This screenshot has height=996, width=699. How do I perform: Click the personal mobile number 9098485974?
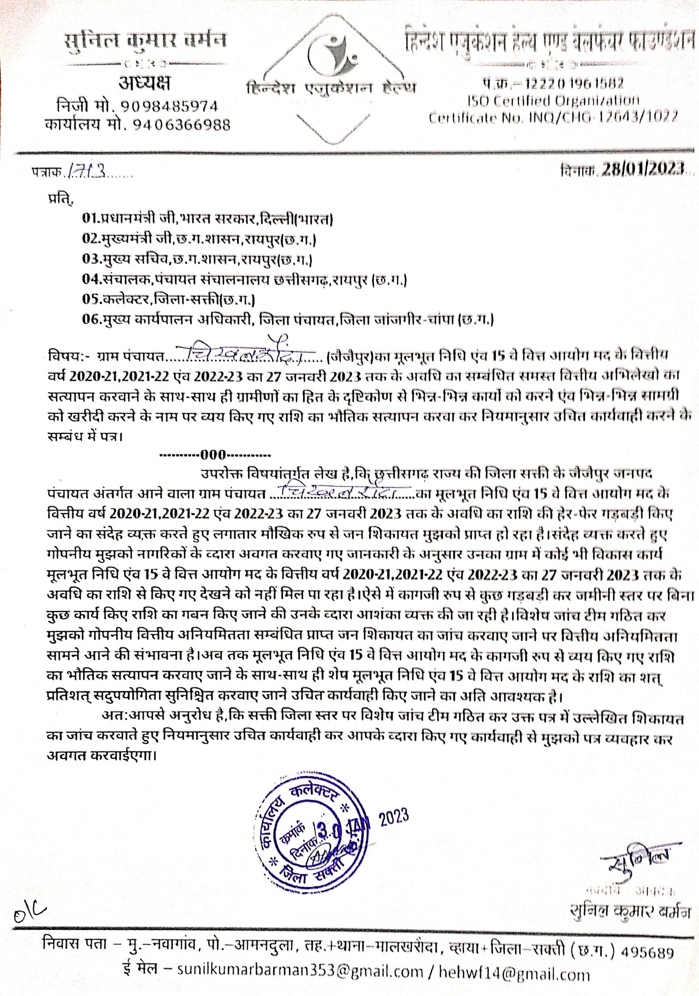tap(169, 106)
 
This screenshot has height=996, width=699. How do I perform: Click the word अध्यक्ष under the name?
tap(145, 83)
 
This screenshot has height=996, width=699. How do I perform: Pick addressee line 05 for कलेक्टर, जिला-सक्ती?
tap(169, 299)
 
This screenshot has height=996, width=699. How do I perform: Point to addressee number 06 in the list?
tap(91, 319)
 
